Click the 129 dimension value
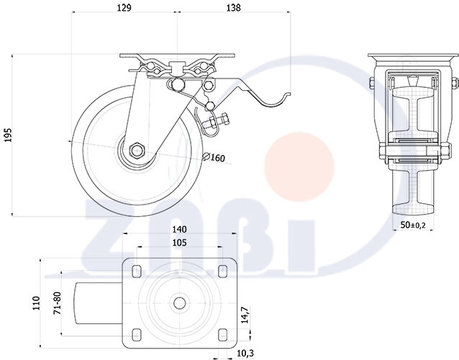124,8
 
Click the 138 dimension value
234,8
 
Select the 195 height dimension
9,135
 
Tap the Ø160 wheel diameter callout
214,157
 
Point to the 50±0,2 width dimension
413,225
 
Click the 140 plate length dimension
179,230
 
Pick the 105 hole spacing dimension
179,243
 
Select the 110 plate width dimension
36,303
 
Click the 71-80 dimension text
58,303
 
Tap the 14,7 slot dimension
245,315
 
